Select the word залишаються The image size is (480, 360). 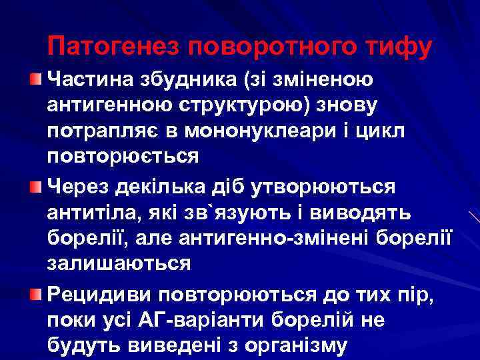tap(119, 263)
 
